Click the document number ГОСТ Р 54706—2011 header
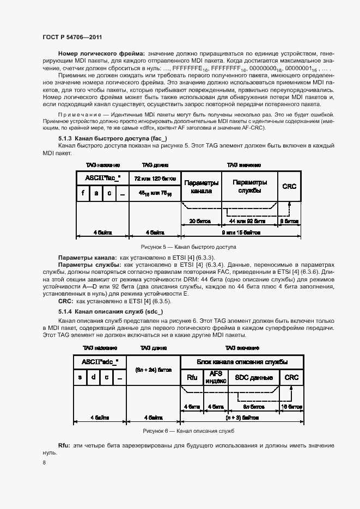coord(72,36)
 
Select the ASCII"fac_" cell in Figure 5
coord(102,179)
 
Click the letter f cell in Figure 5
coord(83,193)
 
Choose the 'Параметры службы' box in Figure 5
coord(249,186)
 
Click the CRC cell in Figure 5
coord(289,186)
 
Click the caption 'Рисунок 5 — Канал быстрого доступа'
coord(188,246)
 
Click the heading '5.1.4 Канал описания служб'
coord(103,311)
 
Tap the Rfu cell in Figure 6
coord(192,377)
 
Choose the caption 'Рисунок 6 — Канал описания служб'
coord(188,430)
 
